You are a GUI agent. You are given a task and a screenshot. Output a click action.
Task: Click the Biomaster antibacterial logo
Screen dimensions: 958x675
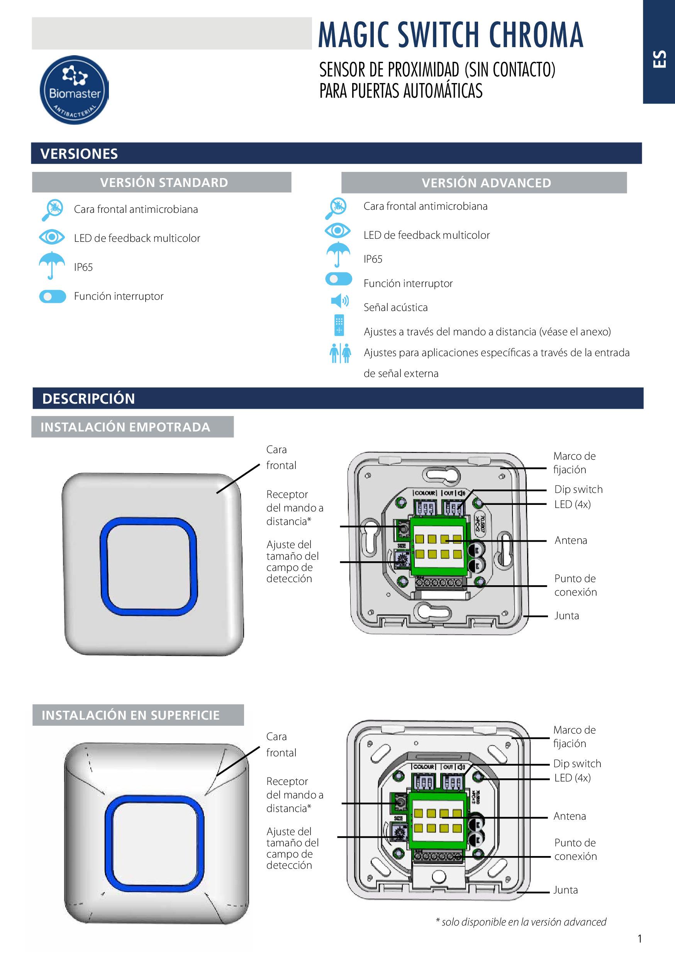[x=74, y=90]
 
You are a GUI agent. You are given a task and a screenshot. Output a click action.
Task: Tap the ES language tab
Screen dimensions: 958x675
[x=660, y=59]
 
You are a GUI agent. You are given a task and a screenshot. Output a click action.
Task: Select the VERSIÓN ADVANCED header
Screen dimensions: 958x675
[x=486, y=183]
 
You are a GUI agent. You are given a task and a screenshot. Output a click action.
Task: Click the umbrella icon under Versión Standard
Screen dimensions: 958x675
[x=52, y=265]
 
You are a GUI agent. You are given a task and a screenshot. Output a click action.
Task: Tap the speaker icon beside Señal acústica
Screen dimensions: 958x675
[x=339, y=301]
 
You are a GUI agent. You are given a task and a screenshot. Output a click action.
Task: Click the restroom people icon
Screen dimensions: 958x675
[x=340, y=353]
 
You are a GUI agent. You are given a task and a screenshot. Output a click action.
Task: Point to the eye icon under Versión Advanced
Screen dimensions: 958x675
[x=337, y=230]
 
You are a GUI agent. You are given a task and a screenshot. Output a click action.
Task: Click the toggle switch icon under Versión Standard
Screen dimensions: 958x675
[x=53, y=296]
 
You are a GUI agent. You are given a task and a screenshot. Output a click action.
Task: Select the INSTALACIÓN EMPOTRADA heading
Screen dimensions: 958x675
[x=125, y=427]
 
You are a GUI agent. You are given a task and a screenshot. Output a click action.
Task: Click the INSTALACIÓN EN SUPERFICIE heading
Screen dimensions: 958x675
[x=130, y=715]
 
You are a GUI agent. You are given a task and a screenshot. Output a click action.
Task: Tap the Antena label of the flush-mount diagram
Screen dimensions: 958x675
[x=570, y=540]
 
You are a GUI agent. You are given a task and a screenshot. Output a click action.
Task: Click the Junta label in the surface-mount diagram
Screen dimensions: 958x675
[x=565, y=890]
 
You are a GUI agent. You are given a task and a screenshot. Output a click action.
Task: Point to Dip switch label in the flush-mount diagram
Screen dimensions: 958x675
[x=578, y=489]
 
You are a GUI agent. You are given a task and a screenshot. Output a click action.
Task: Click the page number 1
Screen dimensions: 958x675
[x=639, y=939]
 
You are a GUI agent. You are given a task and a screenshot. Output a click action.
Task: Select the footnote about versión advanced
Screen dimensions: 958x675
[x=521, y=922]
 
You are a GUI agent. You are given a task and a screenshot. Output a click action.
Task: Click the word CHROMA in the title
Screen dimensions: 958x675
[x=536, y=35]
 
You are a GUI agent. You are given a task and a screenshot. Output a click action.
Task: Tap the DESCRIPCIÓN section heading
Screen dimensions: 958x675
[x=88, y=399]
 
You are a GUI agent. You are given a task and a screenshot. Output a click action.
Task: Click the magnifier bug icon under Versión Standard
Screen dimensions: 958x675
[x=53, y=209]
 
